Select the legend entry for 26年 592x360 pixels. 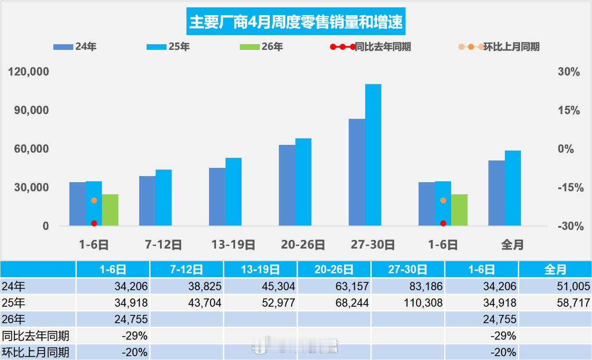pyautogui.click(x=261, y=46)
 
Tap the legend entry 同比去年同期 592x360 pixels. pyautogui.click(x=374, y=46)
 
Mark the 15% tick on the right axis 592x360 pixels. pyautogui.click(x=569, y=110)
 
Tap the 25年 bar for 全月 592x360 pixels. pyautogui.click(x=512, y=188)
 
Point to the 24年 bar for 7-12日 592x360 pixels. pyautogui.click(x=147, y=200)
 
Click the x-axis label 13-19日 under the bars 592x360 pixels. pyautogui.click(x=233, y=244)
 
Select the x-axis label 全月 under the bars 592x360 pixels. pyautogui.click(x=512, y=244)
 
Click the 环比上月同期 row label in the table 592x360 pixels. pyautogui.click(x=36, y=352)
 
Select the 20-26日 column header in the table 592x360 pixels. pyautogui.click(x=334, y=269)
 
